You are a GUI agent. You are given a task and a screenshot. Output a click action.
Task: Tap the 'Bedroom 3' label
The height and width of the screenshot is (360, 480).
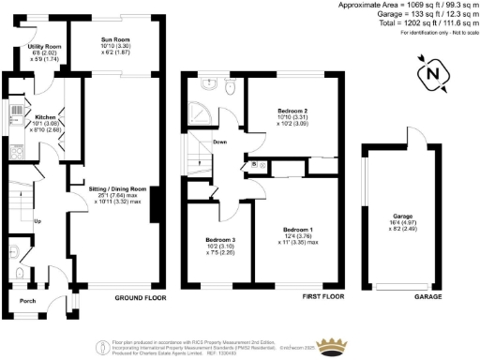pos(220,240)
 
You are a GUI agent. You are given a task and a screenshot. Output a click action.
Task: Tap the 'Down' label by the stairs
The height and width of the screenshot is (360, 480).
pos(219,142)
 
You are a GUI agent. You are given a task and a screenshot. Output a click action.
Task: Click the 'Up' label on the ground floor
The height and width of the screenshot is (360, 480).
pos(37,221)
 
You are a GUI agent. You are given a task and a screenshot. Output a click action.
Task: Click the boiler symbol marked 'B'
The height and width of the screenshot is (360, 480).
pos(255,165)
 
